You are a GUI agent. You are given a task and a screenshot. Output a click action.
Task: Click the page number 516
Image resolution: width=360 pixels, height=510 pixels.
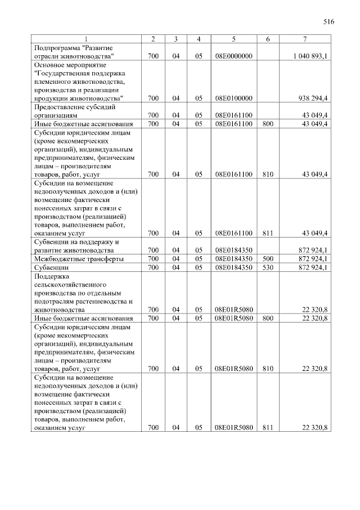pyautogui.click(x=329, y=23)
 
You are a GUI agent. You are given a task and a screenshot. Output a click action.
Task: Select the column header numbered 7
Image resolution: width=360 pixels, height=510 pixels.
pyautogui.click(x=304, y=39)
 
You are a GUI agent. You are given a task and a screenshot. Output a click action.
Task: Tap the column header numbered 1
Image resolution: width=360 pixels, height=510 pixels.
pyautogui.click(x=86, y=39)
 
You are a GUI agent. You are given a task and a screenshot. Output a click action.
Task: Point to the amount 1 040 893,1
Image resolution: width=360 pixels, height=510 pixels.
pyautogui.click(x=310, y=56)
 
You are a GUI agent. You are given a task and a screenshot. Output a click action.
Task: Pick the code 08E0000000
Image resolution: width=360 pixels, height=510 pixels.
pyautogui.click(x=233, y=56)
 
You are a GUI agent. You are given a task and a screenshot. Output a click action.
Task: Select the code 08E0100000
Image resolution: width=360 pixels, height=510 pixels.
pyautogui.click(x=233, y=99)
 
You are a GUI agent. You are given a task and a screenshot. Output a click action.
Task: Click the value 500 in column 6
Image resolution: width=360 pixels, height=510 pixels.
pyautogui.click(x=267, y=259)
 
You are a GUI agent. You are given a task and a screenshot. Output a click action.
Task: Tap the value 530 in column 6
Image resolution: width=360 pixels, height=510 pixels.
pyautogui.click(x=267, y=267)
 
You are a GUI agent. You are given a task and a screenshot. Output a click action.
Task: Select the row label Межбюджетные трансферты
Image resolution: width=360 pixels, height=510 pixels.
pyautogui.click(x=79, y=259)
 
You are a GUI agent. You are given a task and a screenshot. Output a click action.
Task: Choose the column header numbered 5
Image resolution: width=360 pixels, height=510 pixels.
pyautogui.click(x=233, y=39)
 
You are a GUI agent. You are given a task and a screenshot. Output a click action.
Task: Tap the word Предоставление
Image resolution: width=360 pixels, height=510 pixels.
pyautogui.click(x=60, y=107)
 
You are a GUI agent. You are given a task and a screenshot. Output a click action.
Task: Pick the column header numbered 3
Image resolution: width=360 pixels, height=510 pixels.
pyautogui.click(x=176, y=39)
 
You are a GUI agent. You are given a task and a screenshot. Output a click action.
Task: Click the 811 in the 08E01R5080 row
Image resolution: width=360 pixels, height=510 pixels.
pyautogui.click(x=267, y=428)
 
